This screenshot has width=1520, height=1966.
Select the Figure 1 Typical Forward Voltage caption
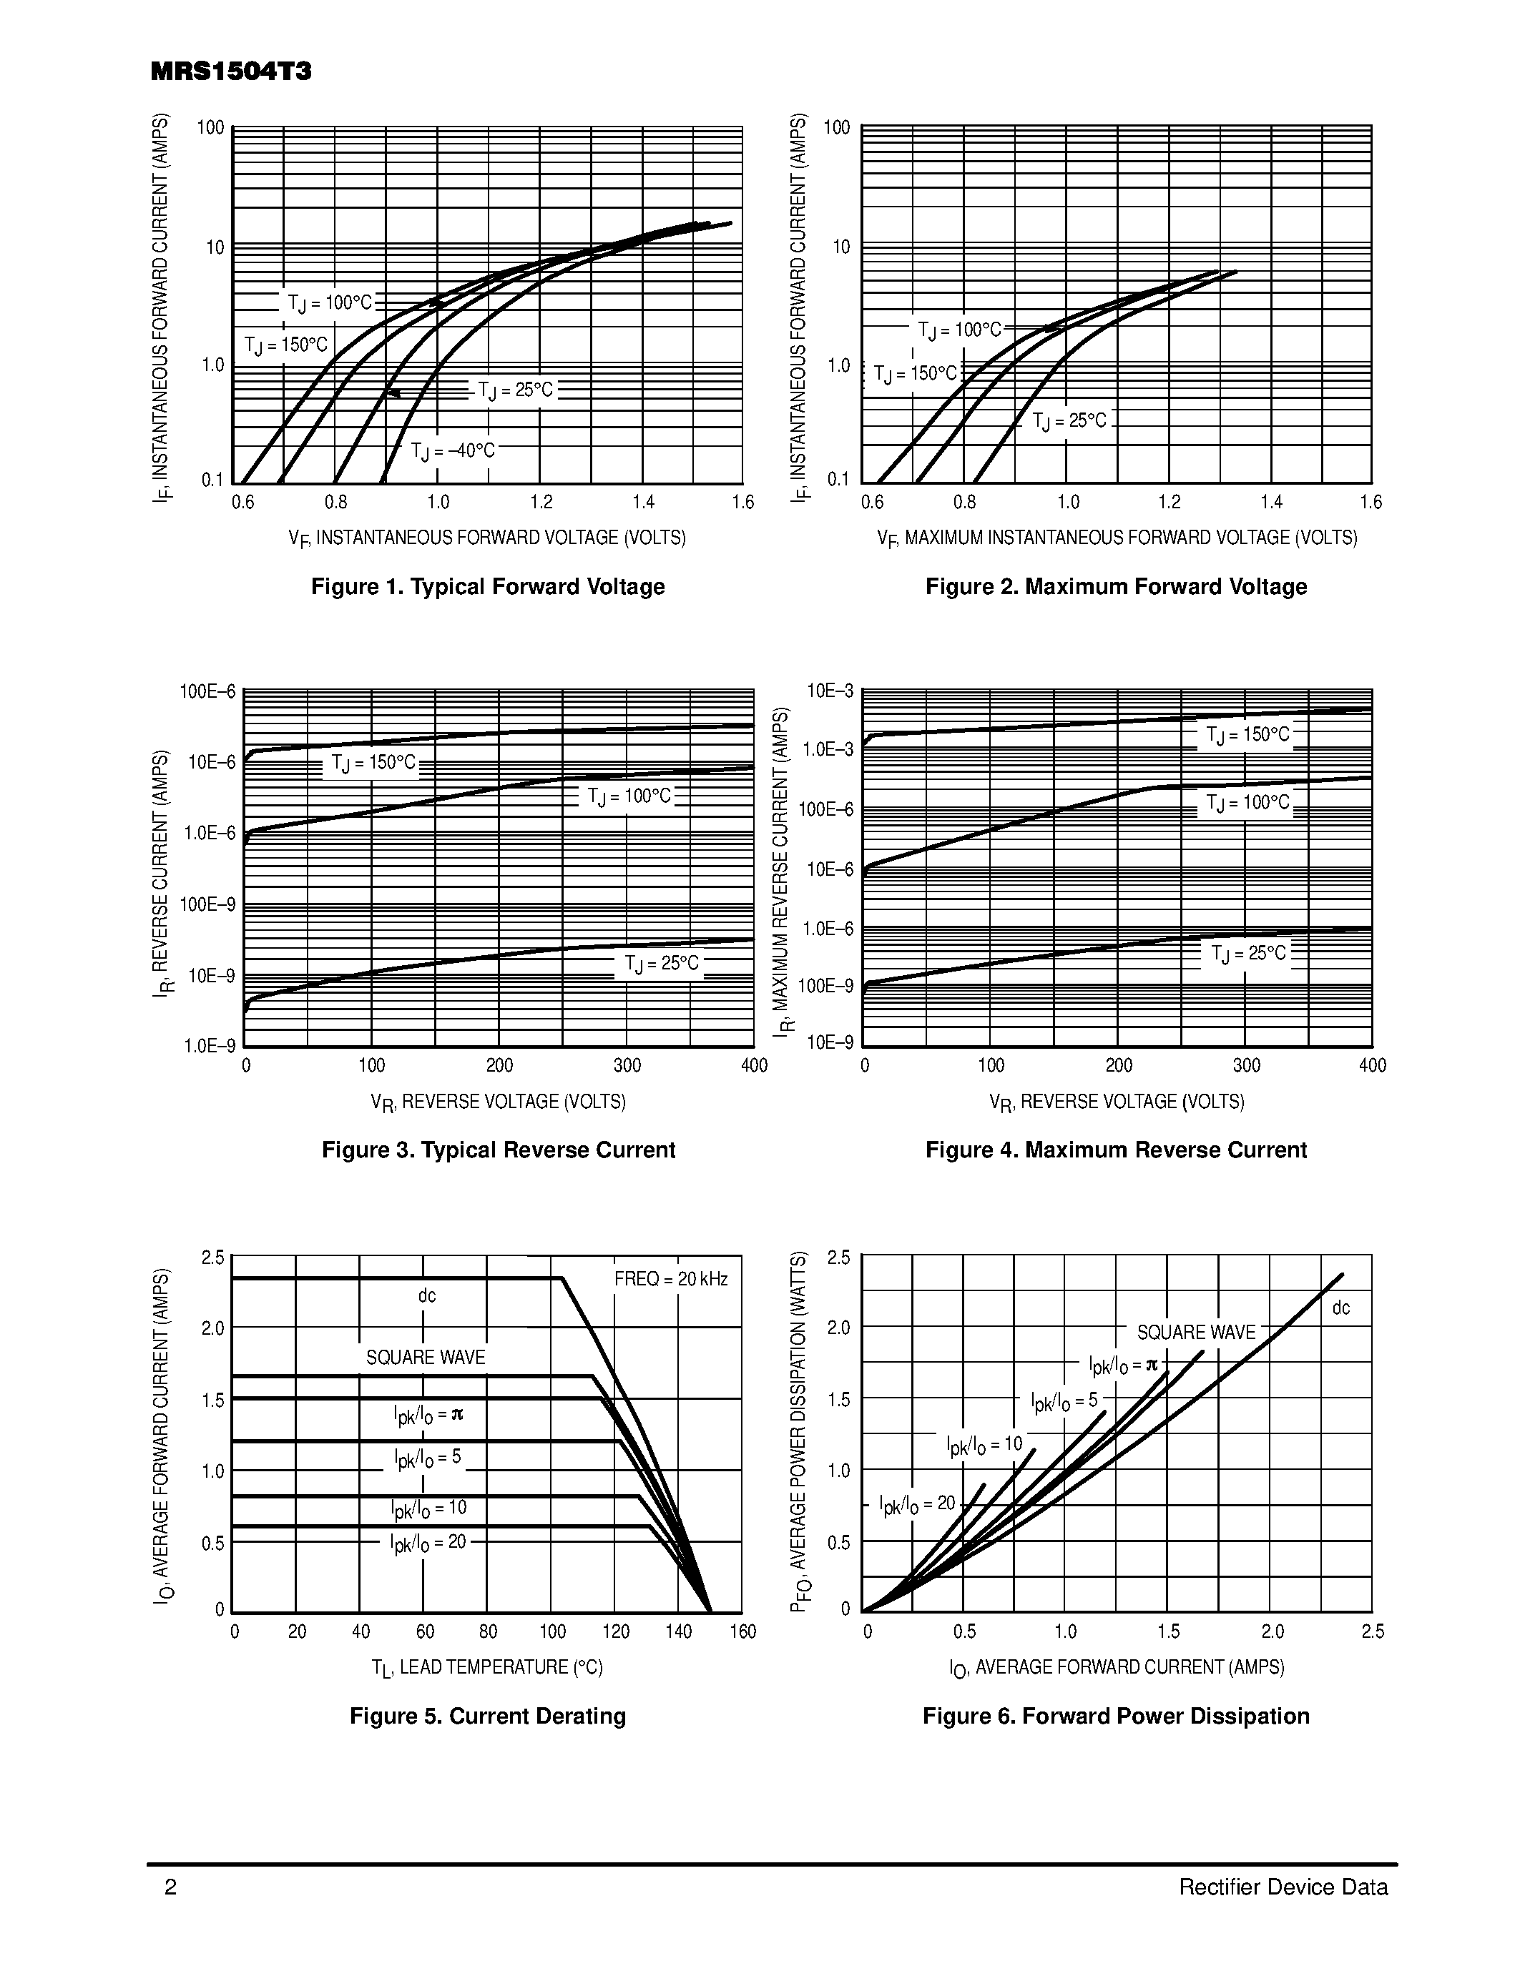click(x=487, y=587)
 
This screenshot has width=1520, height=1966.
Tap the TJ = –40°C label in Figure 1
click(x=453, y=451)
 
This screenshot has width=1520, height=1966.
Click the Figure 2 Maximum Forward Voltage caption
click(x=1116, y=587)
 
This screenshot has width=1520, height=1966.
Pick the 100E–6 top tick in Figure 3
click(x=208, y=691)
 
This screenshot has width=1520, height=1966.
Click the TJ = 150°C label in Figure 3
click(x=373, y=764)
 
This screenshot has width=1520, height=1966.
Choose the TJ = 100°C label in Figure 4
click(x=1247, y=802)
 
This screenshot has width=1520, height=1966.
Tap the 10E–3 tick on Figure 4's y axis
click(x=828, y=691)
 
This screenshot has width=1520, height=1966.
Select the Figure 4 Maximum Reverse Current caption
click(x=1116, y=1150)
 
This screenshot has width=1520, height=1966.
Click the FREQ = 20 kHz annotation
click(x=671, y=1279)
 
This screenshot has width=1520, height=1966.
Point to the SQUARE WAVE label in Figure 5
click(x=425, y=1358)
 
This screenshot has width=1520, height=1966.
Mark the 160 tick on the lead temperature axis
click(x=743, y=1632)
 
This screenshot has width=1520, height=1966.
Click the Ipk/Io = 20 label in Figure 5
click(x=428, y=1543)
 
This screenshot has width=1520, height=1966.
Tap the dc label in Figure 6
click(x=1340, y=1308)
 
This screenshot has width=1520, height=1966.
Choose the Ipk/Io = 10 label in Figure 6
click(x=984, y=1445)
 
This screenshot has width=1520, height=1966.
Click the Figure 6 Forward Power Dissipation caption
click(x=1116, y=1716)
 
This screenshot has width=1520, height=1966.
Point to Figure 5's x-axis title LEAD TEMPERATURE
click(x=487, y=1667)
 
